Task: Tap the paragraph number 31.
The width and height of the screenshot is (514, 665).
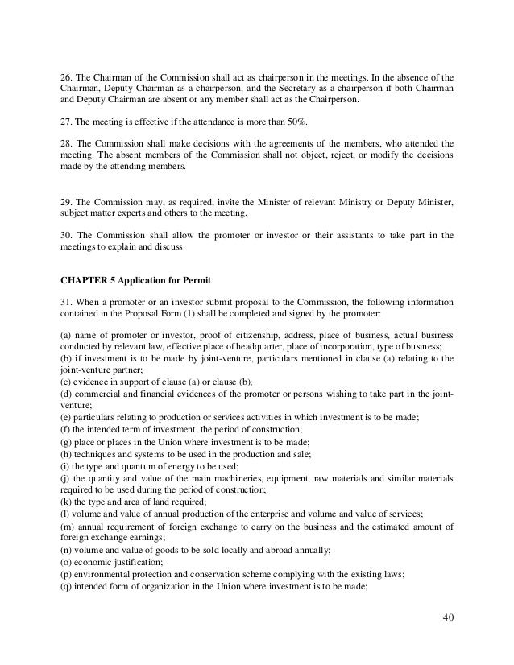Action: tap(67, 302)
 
